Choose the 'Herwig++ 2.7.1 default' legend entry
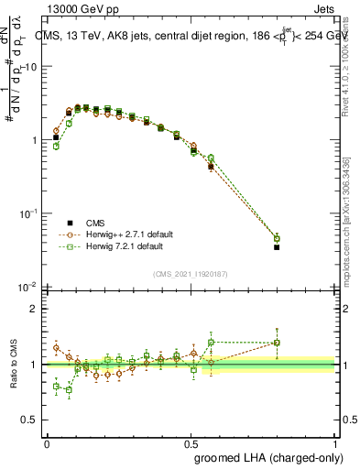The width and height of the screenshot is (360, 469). point(115,234)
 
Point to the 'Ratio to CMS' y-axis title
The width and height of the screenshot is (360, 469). point(13,365)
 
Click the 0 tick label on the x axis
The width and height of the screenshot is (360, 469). point(47,442)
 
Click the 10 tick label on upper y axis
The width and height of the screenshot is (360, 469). point(31,67)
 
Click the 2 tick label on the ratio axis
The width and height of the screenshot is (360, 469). point(35,309)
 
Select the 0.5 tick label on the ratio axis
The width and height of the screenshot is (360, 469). point(31,420)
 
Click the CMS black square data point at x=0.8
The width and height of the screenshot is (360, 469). point(277,247)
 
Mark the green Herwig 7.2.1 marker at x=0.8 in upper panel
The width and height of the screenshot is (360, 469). point(277,238)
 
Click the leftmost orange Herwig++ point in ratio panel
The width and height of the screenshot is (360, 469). point(56,348)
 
